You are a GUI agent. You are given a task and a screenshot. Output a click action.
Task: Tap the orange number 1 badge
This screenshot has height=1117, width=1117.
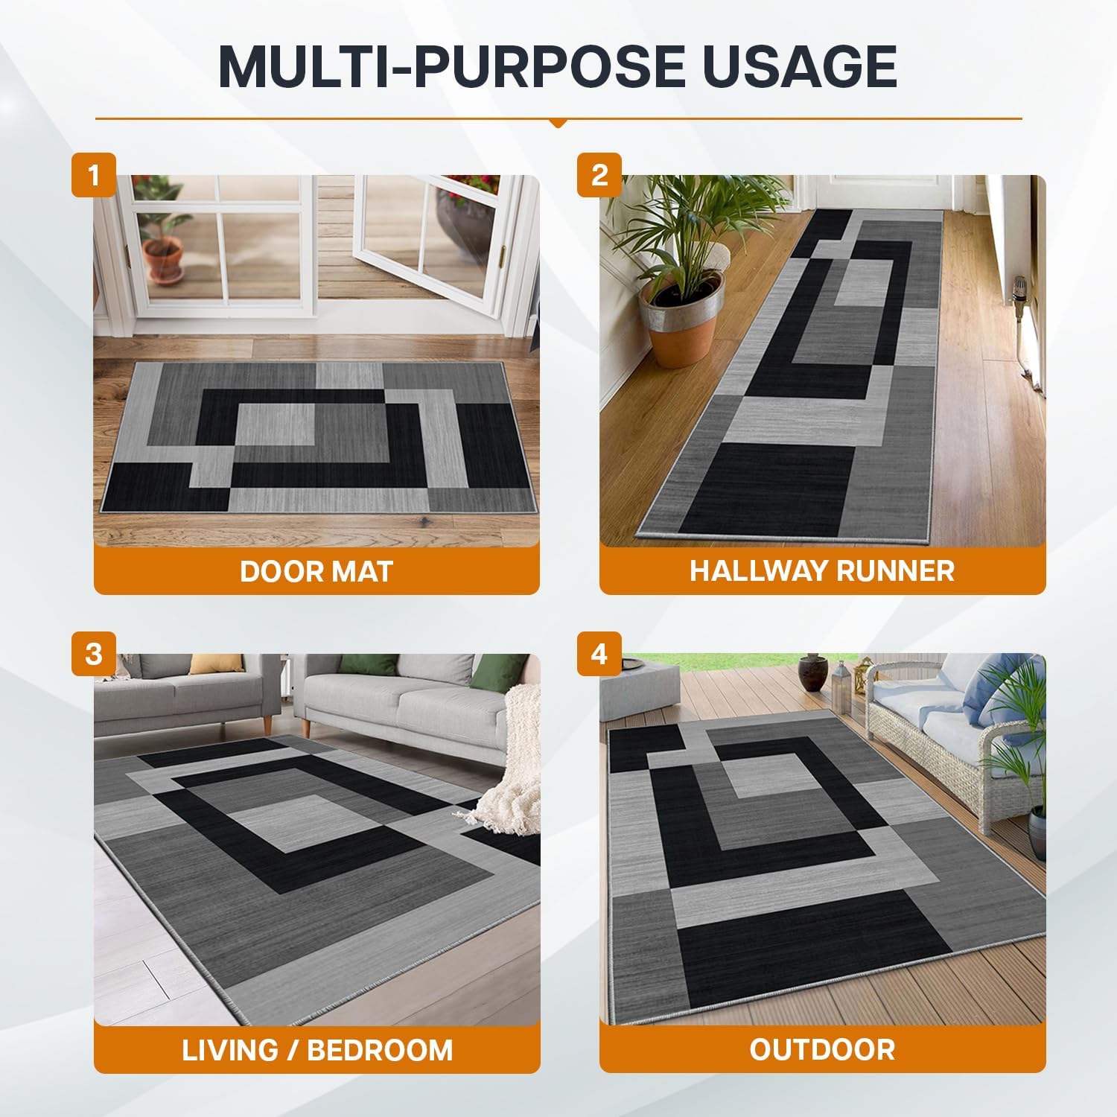pyautogui.click(x=94, y=175)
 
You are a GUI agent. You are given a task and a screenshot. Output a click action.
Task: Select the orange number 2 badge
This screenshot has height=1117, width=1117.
pyautogui.click(x=599, y=175)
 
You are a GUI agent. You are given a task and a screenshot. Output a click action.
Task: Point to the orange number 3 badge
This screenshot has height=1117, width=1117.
pyautogui.click(x=94, y=654)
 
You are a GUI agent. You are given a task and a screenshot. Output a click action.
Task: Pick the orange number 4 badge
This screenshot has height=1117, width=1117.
pyautogui.click(x=599, y=654)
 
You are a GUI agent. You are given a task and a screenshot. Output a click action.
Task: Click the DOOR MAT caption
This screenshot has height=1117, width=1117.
pyautogui.click(x=316, y=571)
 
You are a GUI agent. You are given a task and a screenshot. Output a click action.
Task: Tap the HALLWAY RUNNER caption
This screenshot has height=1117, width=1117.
pyautogui.click(x=822, y=571)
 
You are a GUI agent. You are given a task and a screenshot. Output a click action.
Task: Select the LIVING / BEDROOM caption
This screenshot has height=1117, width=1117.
pyautogui.click(x=317, y=1050)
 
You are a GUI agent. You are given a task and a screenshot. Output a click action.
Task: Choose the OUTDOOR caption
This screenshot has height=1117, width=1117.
pyautogui.click(x=822, y=1050)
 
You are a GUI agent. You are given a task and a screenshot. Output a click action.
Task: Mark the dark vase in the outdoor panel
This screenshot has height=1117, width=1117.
pyautogui.click(x=809, y=673)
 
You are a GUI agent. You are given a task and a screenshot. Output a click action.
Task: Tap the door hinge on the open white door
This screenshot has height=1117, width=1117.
pyautogui.click(x=504, y=251)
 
